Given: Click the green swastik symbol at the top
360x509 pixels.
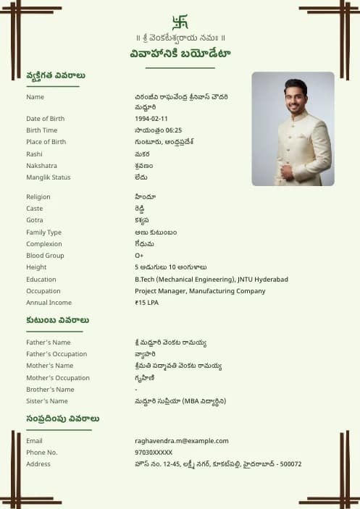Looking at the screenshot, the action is [180, 22].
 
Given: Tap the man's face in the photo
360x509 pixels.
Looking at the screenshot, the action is [295, 96].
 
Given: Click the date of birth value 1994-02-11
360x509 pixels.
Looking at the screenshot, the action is [151, 119].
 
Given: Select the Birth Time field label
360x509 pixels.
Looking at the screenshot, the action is [41, 130].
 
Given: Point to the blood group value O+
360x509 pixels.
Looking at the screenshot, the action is [139, 256].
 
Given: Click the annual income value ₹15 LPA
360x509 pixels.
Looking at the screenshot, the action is [146, 303].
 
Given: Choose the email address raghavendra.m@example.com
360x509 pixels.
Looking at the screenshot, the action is [181, 440].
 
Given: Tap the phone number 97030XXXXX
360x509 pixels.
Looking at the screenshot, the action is [154, 452].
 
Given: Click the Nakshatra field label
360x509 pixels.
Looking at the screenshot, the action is [41, 166].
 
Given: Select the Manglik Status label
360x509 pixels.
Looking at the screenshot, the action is [49, 177].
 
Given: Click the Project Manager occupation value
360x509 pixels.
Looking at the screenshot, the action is [200, 291].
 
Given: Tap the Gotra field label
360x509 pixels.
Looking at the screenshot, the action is [35, 220].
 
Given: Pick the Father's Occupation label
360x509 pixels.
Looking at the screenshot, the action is [56, 354].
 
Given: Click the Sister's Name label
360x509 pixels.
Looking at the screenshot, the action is [47, 401].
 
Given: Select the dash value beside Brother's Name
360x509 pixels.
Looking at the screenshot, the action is [136, 390].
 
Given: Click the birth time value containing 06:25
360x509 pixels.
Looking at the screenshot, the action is [158, 130].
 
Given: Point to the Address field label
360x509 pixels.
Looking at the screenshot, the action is [38, 464].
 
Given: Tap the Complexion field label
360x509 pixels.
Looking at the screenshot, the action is [44, 244].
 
